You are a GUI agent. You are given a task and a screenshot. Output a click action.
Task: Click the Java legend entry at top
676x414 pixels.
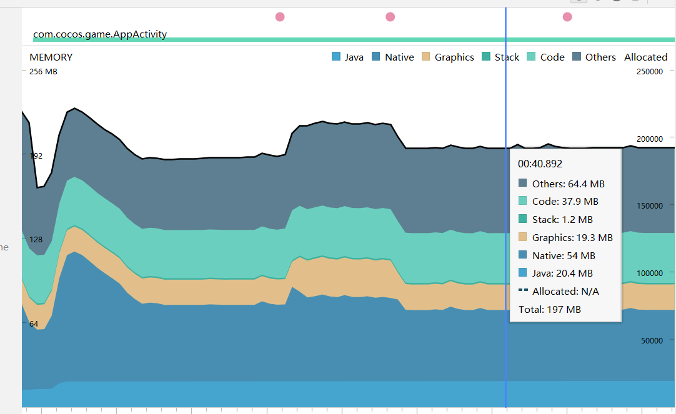click(x=348, y=57)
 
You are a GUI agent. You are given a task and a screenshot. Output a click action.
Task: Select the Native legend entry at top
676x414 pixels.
click(x=392, y=57)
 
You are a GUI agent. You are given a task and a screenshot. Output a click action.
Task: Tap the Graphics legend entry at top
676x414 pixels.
click(x=447, y=57)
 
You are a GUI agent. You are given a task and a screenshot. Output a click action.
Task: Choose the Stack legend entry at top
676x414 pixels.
click(x=500, y=57)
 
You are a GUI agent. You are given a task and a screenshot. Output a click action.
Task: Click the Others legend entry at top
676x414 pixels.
click(x=594, y=57)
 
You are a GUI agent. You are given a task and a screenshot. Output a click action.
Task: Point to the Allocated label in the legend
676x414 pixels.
click(x=645, y=57)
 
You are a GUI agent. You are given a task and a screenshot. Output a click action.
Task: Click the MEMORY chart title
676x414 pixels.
click(x=51, y=57)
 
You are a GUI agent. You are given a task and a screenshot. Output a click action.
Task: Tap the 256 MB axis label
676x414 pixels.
click(x=44, y=71)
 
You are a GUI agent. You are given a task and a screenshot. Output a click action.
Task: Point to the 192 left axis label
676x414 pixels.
click(x=36, y=155)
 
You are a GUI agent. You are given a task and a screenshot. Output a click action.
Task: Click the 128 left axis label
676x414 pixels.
click(x=36, y=239)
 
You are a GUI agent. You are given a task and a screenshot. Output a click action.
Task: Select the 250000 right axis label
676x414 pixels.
click(x=649, y=71)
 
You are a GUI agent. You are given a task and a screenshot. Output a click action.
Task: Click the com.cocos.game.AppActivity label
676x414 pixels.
click(x=100, y=34)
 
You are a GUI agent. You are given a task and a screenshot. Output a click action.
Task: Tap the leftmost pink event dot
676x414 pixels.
click(x=280, y=17)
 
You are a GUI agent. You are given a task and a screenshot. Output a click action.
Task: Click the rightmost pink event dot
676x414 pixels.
click(x=567, y=17)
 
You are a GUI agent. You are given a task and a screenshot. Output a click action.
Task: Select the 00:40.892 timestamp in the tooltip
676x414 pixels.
click(x=540, y=164)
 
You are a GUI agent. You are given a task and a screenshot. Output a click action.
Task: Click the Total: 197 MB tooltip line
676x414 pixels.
click(x=549, y=309)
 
